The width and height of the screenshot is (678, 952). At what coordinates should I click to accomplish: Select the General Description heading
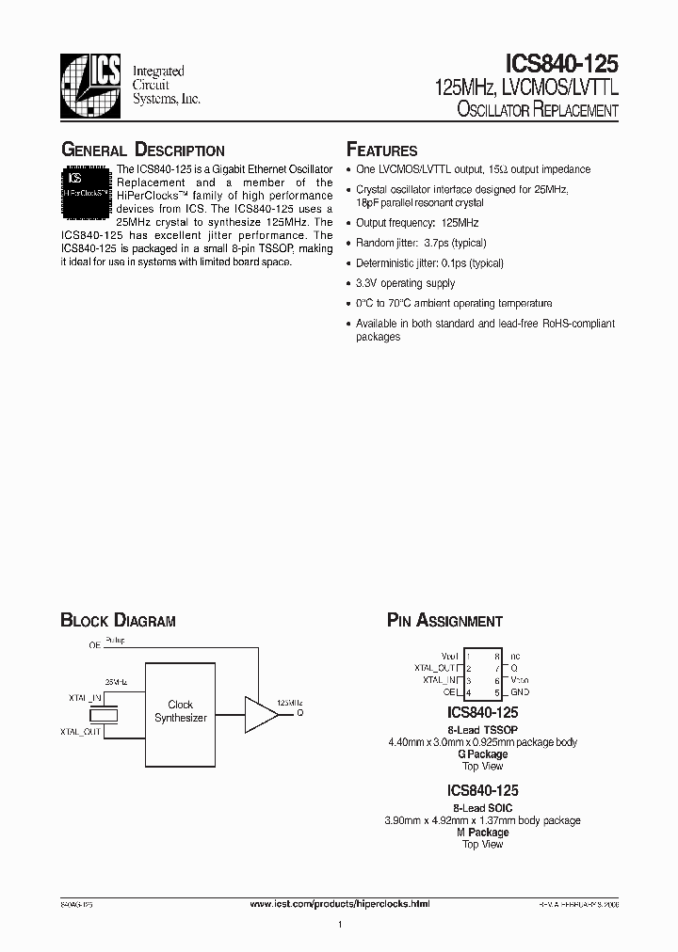142,151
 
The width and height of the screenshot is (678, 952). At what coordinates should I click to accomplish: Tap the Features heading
381,151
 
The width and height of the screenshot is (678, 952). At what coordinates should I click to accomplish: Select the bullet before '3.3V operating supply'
349,283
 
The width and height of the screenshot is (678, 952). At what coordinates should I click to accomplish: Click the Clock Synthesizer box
180,710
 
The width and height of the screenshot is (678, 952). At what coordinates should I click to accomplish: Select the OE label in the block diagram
94,645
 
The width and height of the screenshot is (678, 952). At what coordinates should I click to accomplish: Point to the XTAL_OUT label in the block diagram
80,731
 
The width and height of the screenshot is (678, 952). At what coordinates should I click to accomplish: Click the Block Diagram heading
118,621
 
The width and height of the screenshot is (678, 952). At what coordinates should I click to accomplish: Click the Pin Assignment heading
444,621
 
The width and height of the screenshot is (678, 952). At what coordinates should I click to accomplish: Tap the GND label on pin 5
520,691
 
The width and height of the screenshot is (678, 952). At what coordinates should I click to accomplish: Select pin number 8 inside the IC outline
495,656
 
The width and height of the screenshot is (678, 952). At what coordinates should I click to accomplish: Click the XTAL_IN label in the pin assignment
440,679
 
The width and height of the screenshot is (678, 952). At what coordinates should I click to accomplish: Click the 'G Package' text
482,754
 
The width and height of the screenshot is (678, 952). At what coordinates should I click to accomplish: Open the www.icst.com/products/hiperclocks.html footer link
340,903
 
